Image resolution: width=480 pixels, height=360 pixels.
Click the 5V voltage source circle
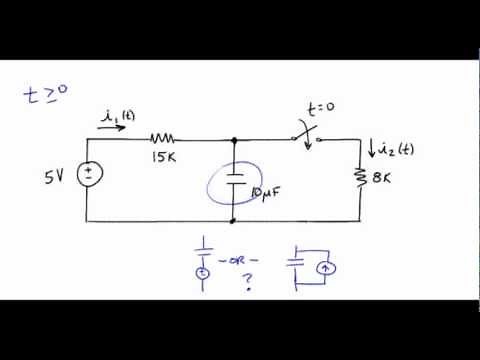88,176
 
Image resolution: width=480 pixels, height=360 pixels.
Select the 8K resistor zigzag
360,179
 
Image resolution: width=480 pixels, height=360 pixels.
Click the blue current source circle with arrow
323,268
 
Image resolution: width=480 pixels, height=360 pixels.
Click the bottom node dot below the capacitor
233,220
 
